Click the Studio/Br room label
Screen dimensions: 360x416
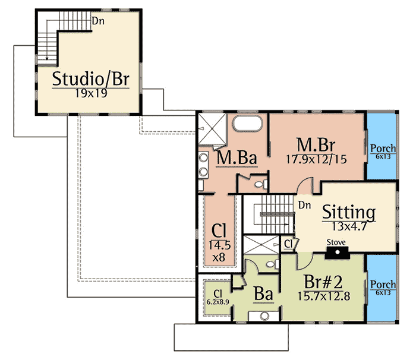click(x=90, y=78)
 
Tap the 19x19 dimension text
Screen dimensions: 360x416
click(x=90, y=93)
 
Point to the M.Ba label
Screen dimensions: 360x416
click(x=236, y=158)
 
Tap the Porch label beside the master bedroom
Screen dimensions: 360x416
click(x=383, y=148)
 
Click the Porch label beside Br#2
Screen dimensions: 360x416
click(x=383, y=285)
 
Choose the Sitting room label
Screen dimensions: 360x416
click(x=348, y=211)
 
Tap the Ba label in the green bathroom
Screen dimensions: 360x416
click(x=263, y=294)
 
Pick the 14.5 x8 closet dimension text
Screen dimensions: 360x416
click(x=219, y=250)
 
